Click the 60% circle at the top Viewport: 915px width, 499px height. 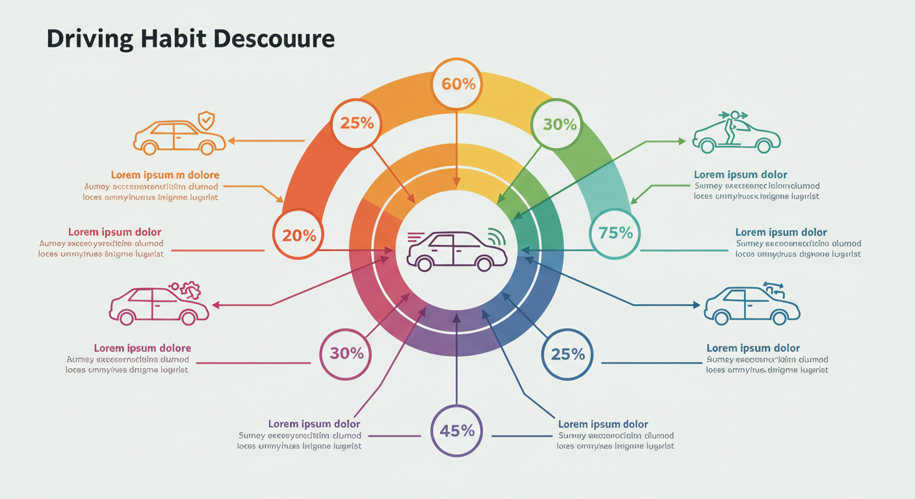click(457, 83)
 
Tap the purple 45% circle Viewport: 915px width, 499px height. click(456, 429)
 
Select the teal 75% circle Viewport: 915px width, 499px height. click(615, 233)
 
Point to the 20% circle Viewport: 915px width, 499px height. click(299, 235)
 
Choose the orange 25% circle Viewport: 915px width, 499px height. click(356, 123)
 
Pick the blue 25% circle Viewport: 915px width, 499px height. click(567, 354)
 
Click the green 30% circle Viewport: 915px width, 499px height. click(556, 124)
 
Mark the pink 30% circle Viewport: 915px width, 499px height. click(346, 353)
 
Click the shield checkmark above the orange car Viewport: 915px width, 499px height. click(206, 120)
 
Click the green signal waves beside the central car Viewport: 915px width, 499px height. click(496, 237)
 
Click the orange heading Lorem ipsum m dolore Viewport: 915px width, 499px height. click(164, 175)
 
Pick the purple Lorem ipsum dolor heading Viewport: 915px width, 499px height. click(314, 424)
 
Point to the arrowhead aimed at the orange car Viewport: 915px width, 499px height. click(231, 140)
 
